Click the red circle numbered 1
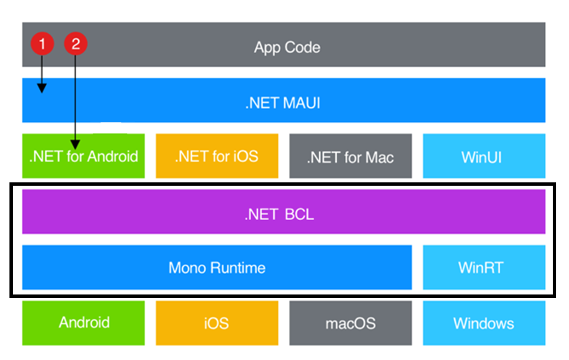[43, 44]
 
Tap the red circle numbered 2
[76, 44]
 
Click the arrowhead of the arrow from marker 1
[42, 88]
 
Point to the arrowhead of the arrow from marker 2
[75, 145]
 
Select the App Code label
[287, 47]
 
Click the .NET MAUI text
[283, 103]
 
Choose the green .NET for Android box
[84, 156]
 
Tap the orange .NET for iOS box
[217, 156]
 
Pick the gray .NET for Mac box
[350, 156]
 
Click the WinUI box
[484, 156]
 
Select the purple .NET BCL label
[279, 214]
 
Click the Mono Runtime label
[217, 267]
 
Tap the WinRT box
[484, 267]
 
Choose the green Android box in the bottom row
[84, 323]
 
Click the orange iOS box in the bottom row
[217, 323]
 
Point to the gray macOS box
[350, 323]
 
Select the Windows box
[484, 323]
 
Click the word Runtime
[238, 267]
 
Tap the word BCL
[300, 214]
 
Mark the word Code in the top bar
[302, 47]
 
